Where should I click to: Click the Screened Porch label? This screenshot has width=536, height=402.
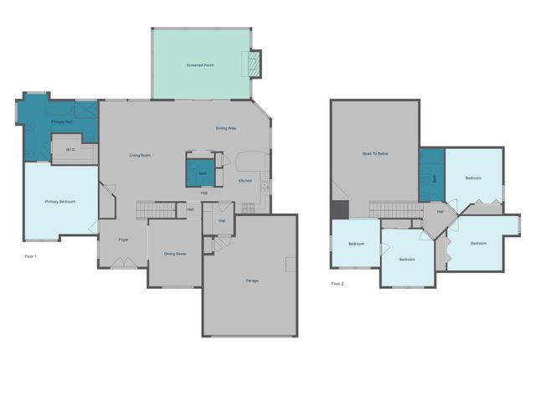coord(200,64)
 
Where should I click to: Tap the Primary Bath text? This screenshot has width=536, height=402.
coord(63,122)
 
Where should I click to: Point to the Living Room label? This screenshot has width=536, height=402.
coord(140,156)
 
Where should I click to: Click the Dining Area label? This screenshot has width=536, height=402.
coord(226,128)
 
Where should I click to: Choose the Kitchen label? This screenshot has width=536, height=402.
coord(245,181)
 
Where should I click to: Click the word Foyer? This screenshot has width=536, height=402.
coord(123,240)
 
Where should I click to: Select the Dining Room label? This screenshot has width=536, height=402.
coord(175,254)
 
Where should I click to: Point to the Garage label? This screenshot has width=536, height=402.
coord(251,280)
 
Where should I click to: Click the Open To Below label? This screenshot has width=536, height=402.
coord(375,154)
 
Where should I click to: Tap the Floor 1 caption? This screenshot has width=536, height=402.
coord(31,255)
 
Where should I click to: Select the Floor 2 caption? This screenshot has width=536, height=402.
coord(338,284)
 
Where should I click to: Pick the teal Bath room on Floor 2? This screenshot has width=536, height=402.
coord(431,177)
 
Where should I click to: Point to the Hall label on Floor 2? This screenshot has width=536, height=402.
coord(440,212)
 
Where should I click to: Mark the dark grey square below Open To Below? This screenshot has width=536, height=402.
coord(339,209)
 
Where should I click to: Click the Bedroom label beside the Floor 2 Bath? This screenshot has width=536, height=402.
coord(473,178)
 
